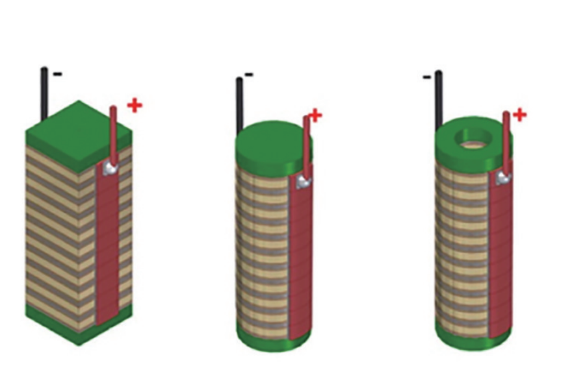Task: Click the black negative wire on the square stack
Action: (44, 94)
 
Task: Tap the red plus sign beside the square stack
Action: (135, 106)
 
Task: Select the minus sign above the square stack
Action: (58, 74)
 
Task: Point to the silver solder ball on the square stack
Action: (110, 168)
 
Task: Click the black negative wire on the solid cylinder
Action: (239, 106)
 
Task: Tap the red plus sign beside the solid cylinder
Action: (316, 116)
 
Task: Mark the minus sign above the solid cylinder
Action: (249, 75)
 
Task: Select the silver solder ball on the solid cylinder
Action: (304, 182)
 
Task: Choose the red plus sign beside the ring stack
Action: (520, 115)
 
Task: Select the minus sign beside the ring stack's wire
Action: (427, 77)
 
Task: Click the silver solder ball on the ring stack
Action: (503, 178)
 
